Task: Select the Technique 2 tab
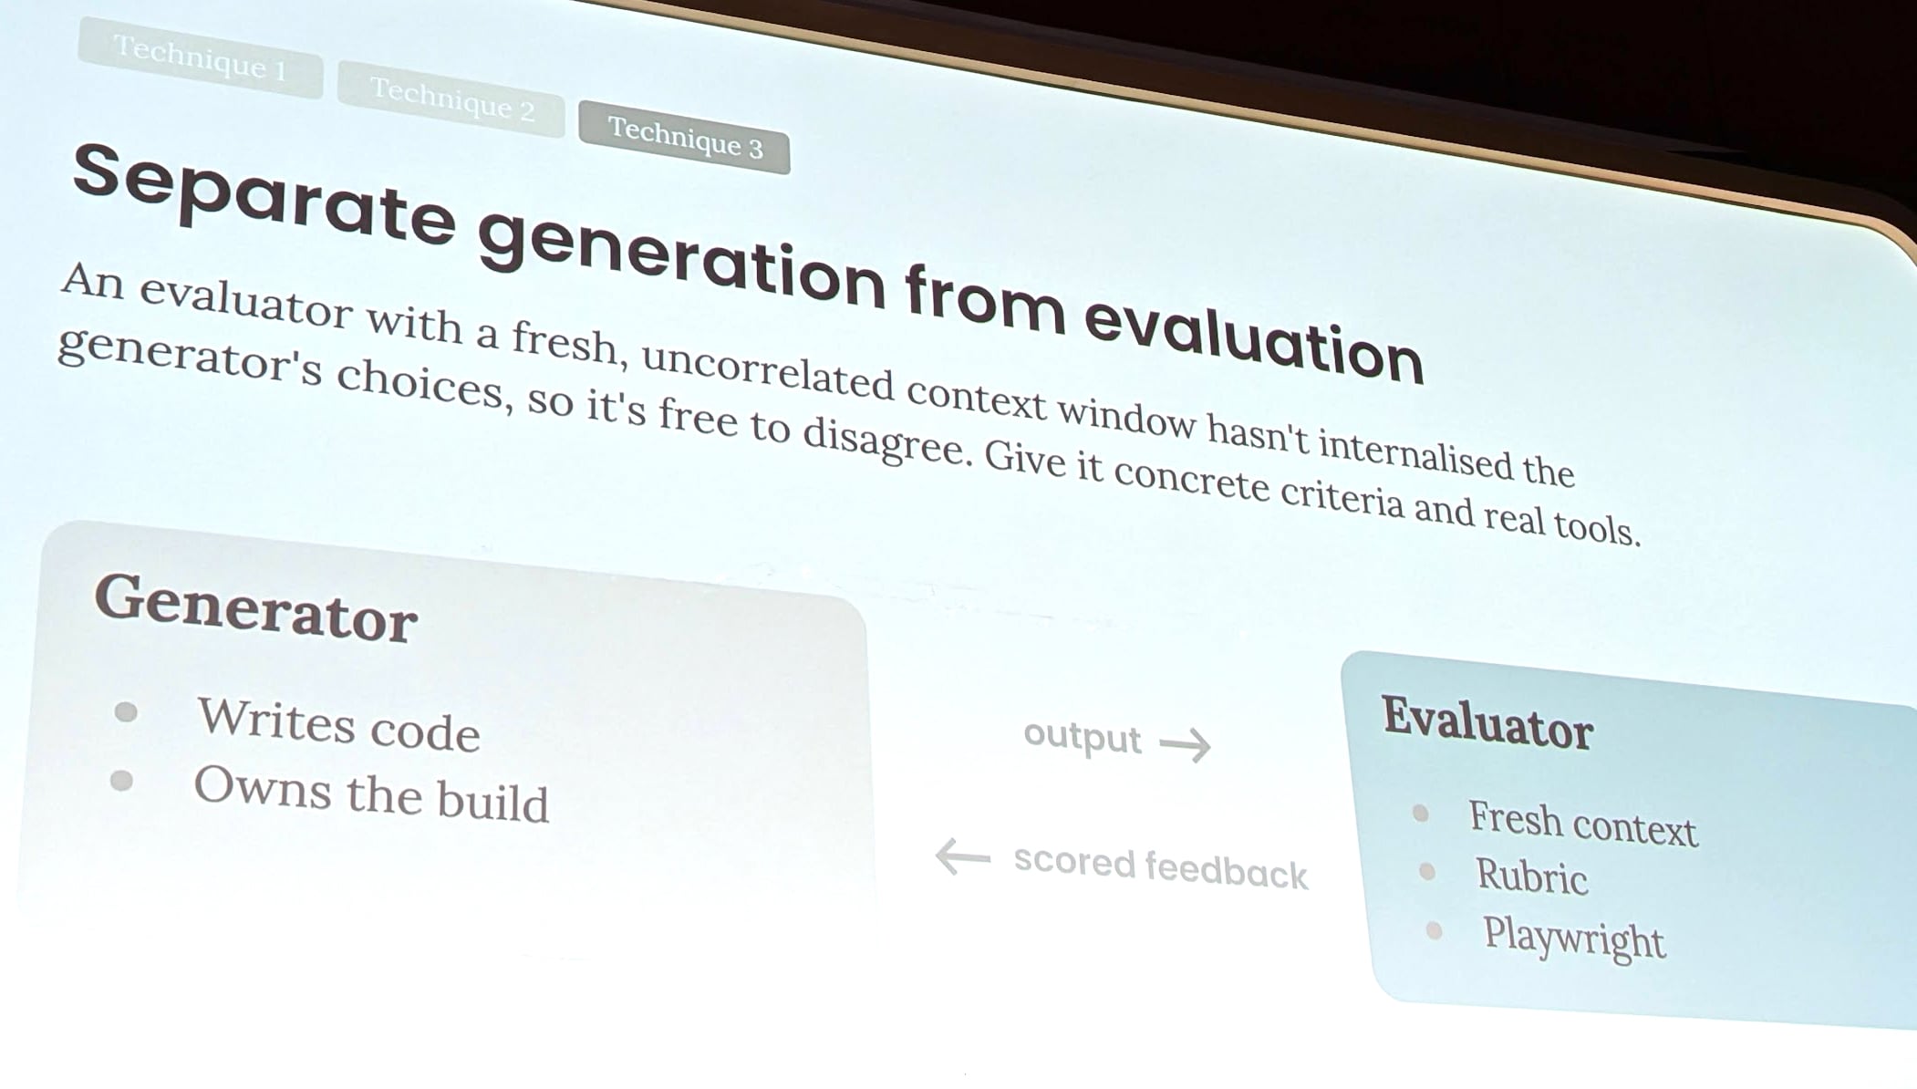[451, 99]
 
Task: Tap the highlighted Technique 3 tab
[685, 138]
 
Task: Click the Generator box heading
[256, 609]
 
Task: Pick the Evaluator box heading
[1487, 724]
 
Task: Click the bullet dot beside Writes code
[126, 711]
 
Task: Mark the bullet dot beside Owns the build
[121, 781]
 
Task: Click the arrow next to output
[1186, 744]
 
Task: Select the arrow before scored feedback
[963, 856]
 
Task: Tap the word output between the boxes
[1082, 736]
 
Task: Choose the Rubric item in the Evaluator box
[1532, 876]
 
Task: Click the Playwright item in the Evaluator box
[1574, 939]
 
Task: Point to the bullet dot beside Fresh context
[1420, 813]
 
